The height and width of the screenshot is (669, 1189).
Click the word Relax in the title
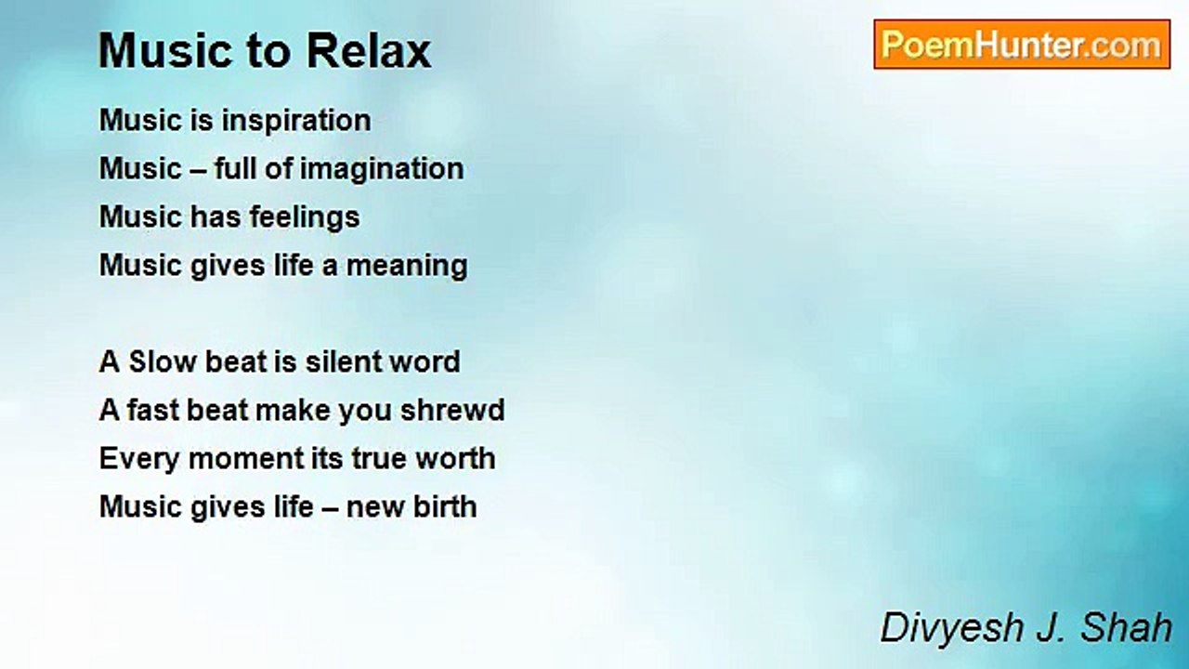coord(369,51)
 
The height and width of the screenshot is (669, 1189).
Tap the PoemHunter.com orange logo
coord(1022,45)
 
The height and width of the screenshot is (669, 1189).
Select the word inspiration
coord(296,122)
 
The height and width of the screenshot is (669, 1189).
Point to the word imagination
coord(382,170)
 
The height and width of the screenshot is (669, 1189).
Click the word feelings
coord(305,218)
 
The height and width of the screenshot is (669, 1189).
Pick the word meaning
coord(407,267)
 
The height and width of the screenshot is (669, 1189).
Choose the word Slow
coord(163,361)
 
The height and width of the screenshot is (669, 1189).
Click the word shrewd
coord(452,410)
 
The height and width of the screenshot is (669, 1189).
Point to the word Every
coord(139,459)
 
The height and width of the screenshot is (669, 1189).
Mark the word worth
coord(455,458)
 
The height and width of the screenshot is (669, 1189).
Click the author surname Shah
coord(1126,627)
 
